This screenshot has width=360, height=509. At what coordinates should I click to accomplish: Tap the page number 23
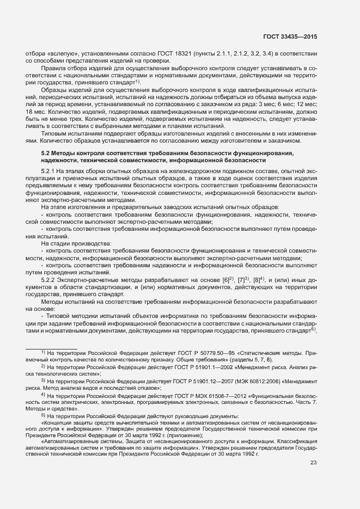coord(313,463)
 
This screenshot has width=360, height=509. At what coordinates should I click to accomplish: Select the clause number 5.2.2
coord(50,279)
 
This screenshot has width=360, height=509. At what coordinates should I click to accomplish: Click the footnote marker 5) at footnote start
coord(43,416)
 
